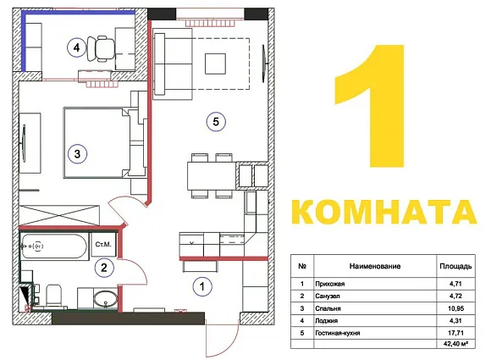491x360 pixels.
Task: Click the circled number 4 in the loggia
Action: [77, 47]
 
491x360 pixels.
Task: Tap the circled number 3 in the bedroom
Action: [77, 154]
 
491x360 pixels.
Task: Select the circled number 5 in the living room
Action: [216, 122]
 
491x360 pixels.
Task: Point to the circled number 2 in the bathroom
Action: [103, 268]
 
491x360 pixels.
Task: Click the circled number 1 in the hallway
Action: [202, 286]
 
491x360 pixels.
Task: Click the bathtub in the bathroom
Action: [53, 246]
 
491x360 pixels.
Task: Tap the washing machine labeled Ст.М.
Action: [103, 245]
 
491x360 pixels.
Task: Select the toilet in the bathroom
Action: [53, 295]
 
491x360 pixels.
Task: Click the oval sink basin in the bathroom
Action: [106, 298]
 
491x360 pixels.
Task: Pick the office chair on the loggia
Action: [101, 48]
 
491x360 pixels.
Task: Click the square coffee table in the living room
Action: [215, 64]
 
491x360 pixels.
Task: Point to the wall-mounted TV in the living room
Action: [265, 64]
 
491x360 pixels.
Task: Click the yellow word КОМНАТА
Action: [384, 212]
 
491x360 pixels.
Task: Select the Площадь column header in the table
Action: [455, 266]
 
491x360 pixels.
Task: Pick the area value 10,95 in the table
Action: [455, 308]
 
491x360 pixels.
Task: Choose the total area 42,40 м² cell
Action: [455, 344]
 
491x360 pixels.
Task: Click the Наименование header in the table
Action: [375, 266]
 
